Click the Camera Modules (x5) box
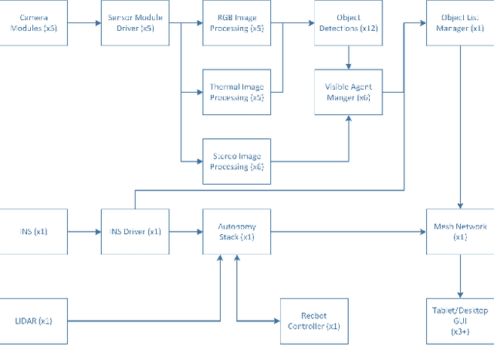pos(34,23)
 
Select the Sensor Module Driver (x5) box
pos(135,23)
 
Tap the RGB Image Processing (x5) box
pos(237,23)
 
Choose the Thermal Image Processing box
pos(237,92)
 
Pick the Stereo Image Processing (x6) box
pos(237,161)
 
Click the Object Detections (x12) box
pos(348,23)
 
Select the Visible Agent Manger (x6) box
pos(348,92)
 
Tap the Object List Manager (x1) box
pos(460,23)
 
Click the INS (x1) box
pos(34,231)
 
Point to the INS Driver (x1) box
pos(135,231)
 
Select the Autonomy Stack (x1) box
pos(237,231)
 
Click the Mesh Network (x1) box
pos(460,231)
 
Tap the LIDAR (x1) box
pos(34,321)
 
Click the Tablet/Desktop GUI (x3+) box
pos(460,321)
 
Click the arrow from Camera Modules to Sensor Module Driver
pos(84,23)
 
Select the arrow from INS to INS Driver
pos(84,231)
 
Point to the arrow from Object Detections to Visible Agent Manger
pos(348,57)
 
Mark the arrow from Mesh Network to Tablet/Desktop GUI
pos(460,275)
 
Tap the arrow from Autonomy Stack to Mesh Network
pos(347,231)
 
